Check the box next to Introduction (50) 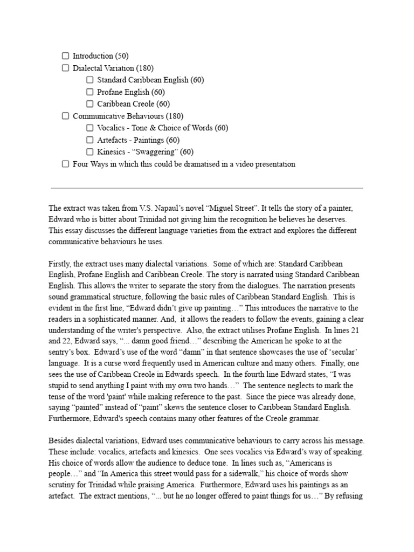[x=65, y=56]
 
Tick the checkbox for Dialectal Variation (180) [x=65, y=68]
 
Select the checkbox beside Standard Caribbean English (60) [x=90, y=80]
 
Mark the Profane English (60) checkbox [x=90, y=92]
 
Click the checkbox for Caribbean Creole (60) [x=90, y=104]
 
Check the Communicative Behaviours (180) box [x=65, y=116]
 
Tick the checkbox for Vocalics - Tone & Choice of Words [x=90, y=128]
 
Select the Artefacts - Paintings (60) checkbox [x=90, y=140]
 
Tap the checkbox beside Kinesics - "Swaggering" [x=90, y=152]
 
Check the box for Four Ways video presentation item [x=65, y=164]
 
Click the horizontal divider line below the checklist [x=206, y=188]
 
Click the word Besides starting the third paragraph [x=63, y=440]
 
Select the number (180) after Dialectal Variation [x=144, y=68]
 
